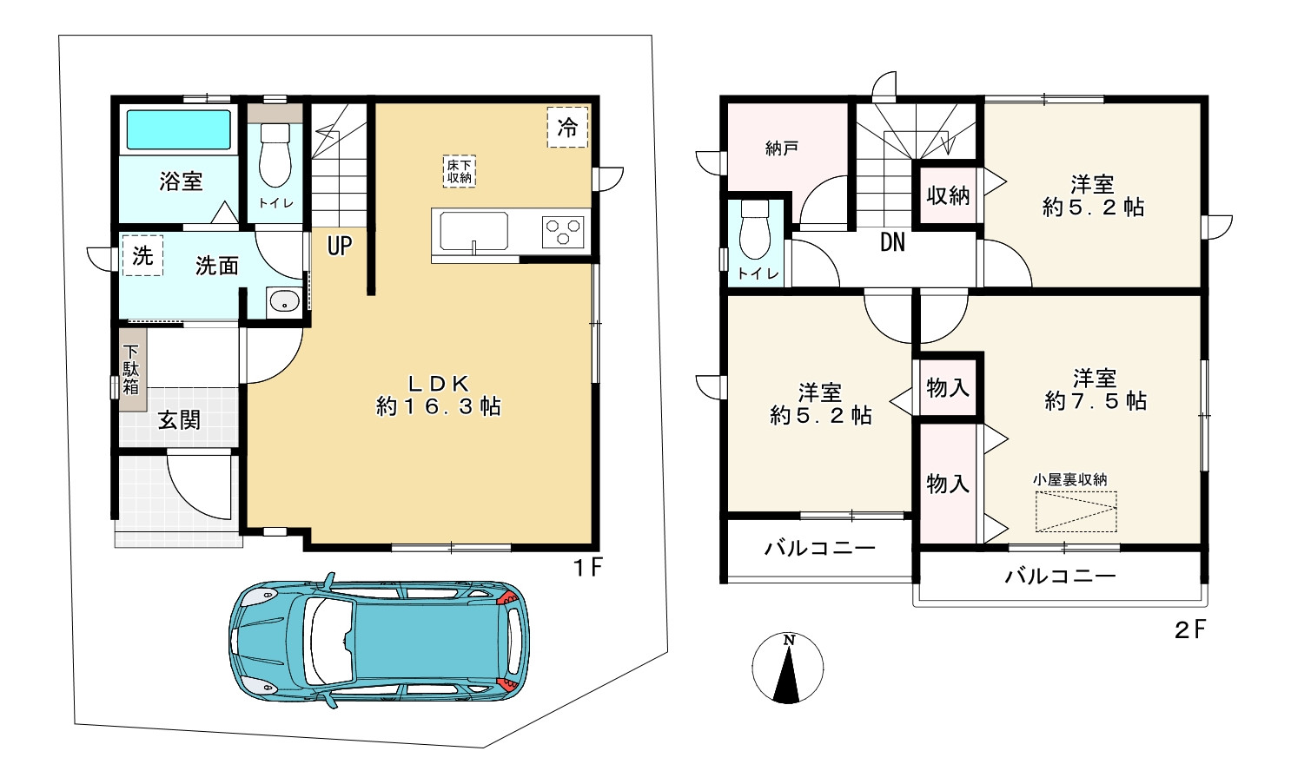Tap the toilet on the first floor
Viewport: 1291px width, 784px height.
point(275,155)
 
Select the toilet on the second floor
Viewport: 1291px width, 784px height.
point(754,228)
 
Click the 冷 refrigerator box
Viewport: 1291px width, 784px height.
point(567,128)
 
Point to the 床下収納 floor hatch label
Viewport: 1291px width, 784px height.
point(460,171)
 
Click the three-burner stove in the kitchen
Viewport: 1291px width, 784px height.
point(563,232)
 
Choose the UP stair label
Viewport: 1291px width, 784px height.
point(340,246)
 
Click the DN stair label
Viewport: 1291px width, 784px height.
point(892,242)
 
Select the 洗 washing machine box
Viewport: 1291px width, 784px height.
point(143,255)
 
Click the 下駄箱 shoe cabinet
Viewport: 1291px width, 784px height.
point(131,369)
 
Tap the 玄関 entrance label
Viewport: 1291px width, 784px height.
point(179,420)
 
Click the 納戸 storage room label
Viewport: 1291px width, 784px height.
point(782,148)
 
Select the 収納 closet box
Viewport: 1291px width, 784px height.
point(948,196)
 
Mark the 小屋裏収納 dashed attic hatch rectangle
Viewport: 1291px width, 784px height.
point(1076,511)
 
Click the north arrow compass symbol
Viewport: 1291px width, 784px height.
point(788,669)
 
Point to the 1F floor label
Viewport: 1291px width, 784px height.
point(587,568)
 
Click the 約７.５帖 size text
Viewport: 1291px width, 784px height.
point(1096,401)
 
